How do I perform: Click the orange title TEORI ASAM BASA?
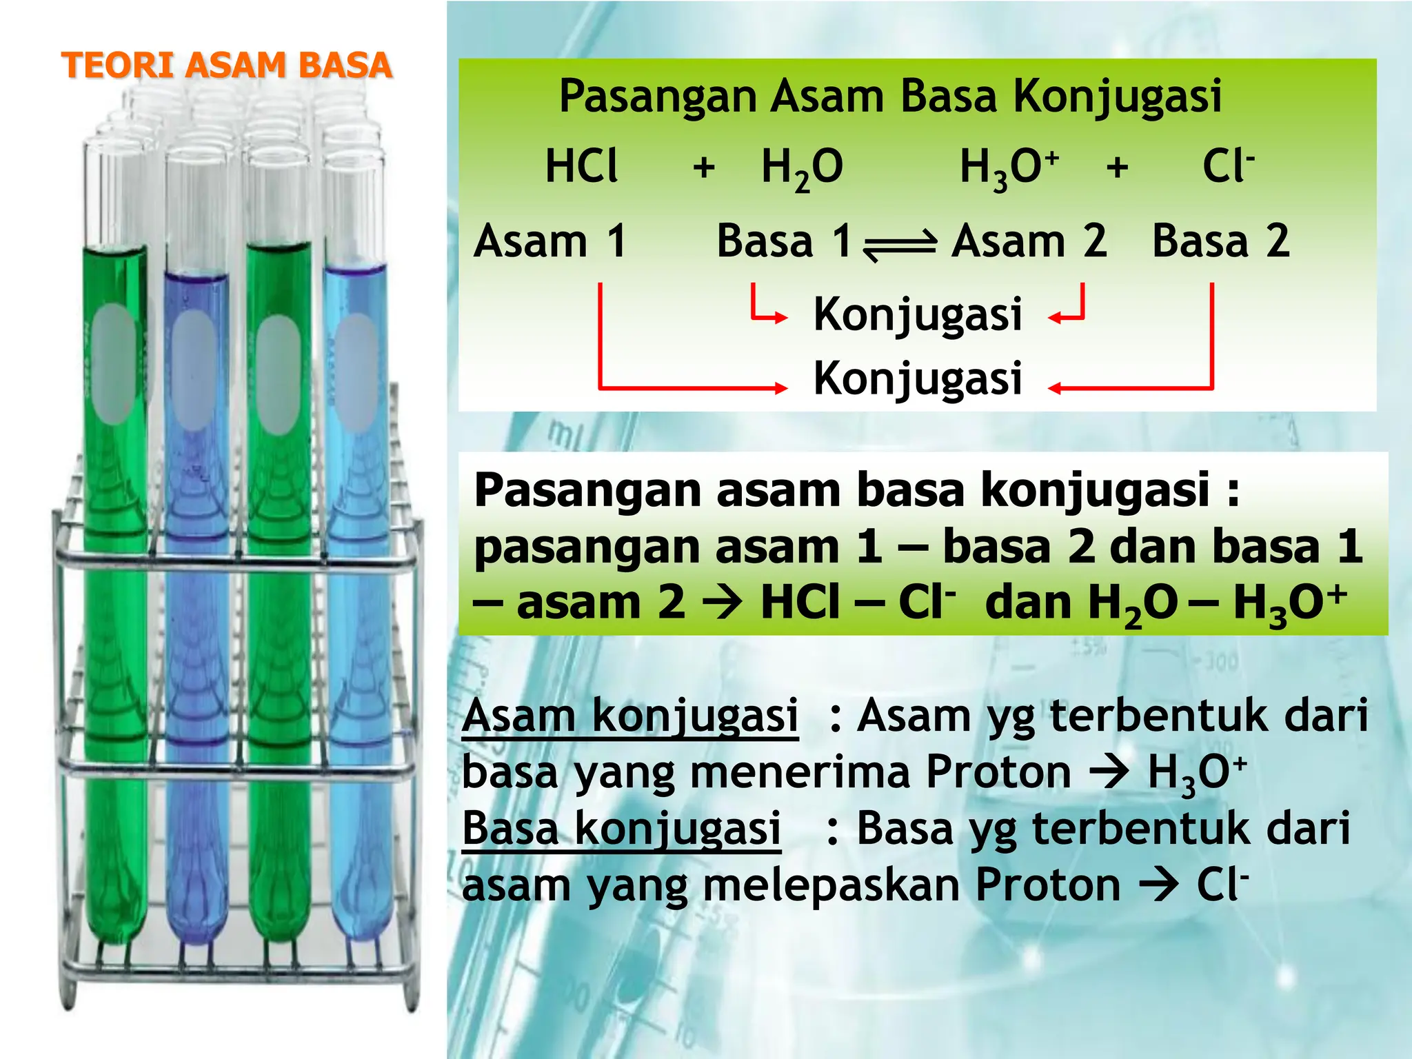pyautogui.click(x=227, y=65)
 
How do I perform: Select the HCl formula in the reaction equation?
pyautogui.click(x=581, y=167)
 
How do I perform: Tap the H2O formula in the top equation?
pyautogui.click(x=802, y=169)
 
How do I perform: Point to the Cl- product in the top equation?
pyautogui.click(x=1228, y=167)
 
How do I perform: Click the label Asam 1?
pyautogui.click(x=550, y=241)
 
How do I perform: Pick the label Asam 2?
pyautogui.click(x=1029, y=241)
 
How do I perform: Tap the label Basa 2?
pyautogui.click(x=1220, y=241)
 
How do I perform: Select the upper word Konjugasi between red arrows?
pyautogui.click(x=918, y=314)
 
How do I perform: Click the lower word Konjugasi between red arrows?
pyautogui.click(x=918, y=379)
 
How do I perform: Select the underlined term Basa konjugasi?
pyautogui.click(x=621, y=828)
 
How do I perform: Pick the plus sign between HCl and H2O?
pyautogui.click(x=704, y=168)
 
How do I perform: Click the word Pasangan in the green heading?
pyautogui.click(x=659, y=96)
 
